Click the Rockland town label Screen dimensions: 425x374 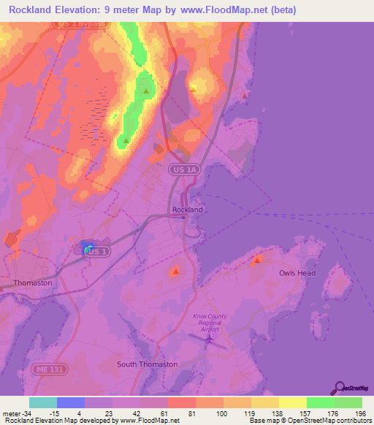187,210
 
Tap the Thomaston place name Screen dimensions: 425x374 33,283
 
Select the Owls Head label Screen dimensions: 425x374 297,273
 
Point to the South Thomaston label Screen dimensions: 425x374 147,364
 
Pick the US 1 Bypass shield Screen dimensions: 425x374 81,24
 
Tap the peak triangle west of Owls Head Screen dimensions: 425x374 256,260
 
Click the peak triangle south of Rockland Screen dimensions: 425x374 175,272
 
